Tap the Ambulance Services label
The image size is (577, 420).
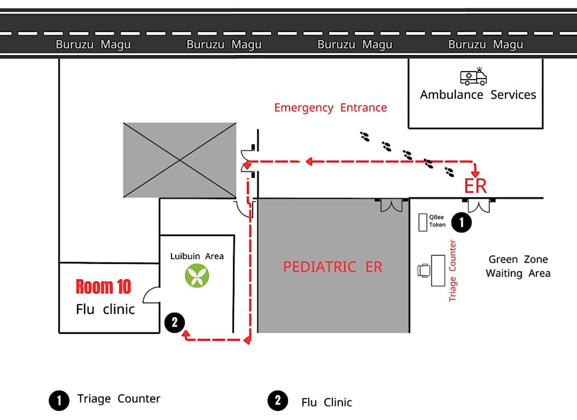(478, 95)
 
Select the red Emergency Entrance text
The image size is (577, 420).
(330, 108)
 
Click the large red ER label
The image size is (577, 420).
(476, 186)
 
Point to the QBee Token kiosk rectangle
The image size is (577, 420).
(422, 222)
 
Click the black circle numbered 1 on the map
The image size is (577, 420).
(461, 222)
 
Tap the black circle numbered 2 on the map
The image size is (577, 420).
(174, 322)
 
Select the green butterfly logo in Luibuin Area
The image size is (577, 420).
(197, 276)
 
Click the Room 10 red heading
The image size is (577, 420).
(103, 287)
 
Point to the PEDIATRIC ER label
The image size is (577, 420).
(333, 267)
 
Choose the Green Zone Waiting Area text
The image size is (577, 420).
(518, 266)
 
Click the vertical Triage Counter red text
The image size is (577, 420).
(453, 270)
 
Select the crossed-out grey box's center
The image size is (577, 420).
(180, 160)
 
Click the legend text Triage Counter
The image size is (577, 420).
(119, 399)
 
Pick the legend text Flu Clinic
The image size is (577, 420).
(326, 402)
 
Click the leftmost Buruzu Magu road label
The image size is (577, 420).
(93, 45)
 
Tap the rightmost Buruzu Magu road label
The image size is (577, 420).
(485, 45)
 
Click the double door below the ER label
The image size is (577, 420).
(478, 205)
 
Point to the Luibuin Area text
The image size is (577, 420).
(197, 256)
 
